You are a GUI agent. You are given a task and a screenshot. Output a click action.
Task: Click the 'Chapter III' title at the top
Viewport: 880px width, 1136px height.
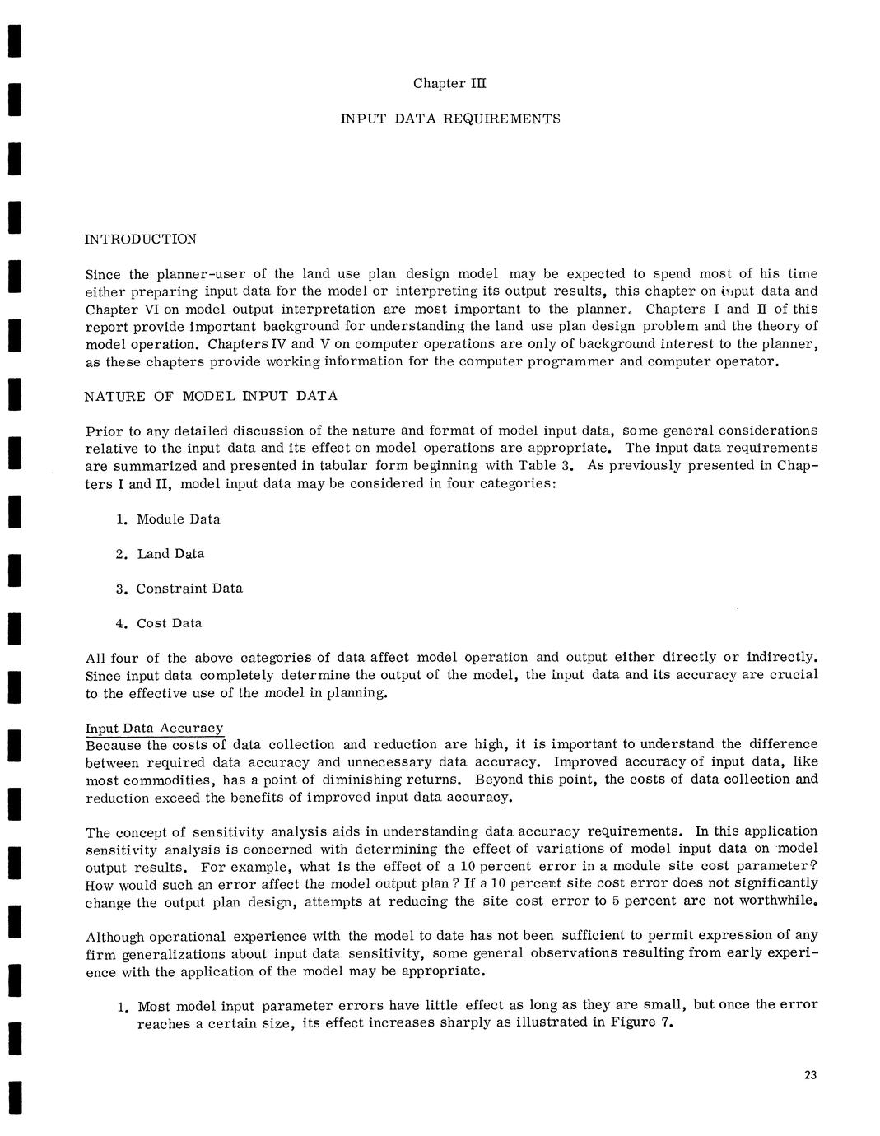[x=450, y=83]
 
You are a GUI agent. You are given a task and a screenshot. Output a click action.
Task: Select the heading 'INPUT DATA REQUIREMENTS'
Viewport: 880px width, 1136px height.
[x=450, y=119]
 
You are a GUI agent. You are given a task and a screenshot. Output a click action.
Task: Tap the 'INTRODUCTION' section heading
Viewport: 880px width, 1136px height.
[x=141, y=240]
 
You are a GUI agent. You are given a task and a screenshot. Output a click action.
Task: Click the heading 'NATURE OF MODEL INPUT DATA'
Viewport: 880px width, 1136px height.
[x=211, y=396]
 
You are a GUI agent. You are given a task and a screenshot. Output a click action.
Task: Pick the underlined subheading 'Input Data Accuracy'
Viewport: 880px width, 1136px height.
[x=155, y=729]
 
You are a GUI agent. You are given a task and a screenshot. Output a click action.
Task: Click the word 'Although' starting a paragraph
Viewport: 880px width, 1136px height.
[x=114, y=936]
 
